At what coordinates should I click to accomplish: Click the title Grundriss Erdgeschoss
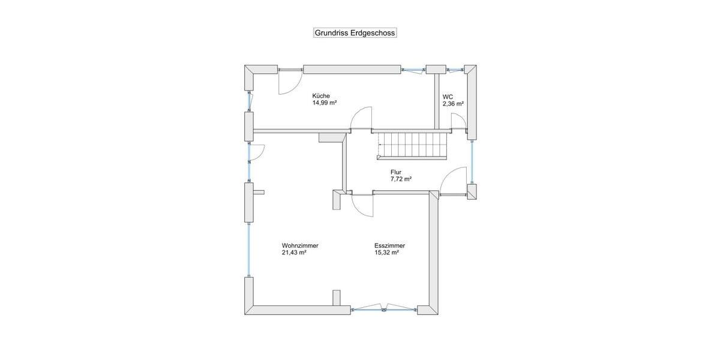click(355, 33)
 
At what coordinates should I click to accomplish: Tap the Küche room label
click(321, 96)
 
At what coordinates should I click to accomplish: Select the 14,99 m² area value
click(324, 103)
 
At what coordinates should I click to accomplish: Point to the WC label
click(448, 97)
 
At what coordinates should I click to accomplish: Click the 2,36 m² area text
click(453, 104)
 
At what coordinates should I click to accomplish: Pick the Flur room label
click(396, 172)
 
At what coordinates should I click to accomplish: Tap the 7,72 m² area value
click(401, 179)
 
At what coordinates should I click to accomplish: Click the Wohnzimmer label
click(300, 245)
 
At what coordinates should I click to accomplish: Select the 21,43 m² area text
click(295, 253)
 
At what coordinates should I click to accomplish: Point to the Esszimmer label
click(389, 245)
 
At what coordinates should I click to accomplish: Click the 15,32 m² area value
click(386, 253)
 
